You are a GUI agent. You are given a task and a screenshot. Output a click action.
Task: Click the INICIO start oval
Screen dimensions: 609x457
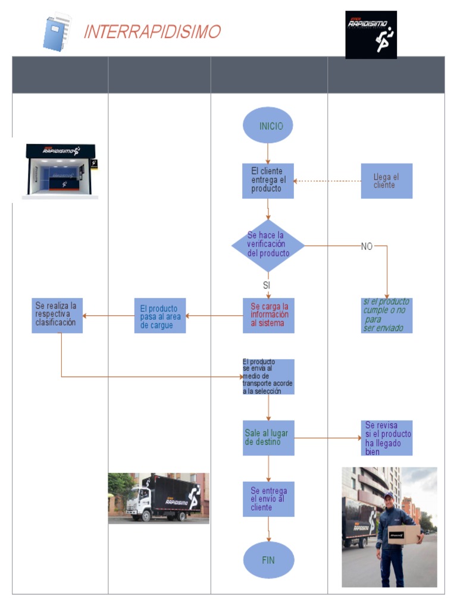point(268,125)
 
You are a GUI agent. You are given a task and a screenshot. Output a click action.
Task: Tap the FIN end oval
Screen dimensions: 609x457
point(268,560)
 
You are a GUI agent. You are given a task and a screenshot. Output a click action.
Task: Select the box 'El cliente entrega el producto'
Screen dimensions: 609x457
point(268,181)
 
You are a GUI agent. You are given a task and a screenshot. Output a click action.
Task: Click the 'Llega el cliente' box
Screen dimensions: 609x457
point(386,181)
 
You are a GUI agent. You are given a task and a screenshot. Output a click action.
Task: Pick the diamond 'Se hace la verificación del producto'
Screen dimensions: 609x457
point(268,245)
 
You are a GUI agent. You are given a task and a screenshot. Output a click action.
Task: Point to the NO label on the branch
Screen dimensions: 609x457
point(367,246)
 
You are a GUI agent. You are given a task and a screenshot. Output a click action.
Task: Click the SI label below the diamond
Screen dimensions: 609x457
point(267,285)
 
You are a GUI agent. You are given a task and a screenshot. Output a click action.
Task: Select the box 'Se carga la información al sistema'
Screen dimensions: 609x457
point(268,315)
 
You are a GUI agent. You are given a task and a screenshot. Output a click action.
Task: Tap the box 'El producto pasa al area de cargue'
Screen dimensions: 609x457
point(159,316)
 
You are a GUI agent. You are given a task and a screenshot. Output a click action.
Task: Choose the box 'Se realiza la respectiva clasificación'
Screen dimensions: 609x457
point(57,315)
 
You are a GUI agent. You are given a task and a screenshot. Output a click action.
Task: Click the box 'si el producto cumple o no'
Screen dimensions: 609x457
point(386,315)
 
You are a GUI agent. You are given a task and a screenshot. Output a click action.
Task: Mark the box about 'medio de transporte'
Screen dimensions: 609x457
point(268,376)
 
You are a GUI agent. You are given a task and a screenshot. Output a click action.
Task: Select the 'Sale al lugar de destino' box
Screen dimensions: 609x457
point(268,438)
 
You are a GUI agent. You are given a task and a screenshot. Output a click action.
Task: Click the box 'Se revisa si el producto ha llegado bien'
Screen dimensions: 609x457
point(387,438)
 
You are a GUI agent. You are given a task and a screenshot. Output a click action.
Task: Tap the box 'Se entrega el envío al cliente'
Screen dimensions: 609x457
point(268,499)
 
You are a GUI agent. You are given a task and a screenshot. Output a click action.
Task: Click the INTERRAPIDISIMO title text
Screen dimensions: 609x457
point(152,32)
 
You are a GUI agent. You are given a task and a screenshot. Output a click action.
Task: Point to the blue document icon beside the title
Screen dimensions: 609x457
point(57,33)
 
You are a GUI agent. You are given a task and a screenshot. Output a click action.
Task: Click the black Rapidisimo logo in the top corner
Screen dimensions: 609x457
point(371,34)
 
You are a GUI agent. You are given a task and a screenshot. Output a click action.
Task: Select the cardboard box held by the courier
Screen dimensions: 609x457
point(404,535)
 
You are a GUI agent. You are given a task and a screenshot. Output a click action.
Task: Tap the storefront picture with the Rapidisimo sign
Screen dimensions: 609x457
point(61,171)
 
